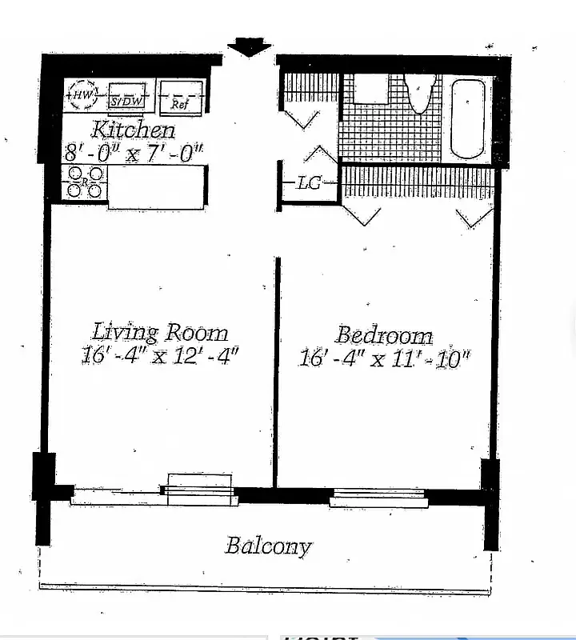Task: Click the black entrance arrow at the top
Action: pyautogui.click(x=249, y=47)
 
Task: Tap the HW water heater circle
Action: pyautogui.click(x=82, y=96)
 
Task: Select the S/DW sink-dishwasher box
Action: pyautogui.click(x=126, y=98)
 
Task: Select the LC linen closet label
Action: pyautogui.click(x=308, y=183)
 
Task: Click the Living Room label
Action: pyautogui.click(x=160, y=332)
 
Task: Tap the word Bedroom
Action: pyautogui.click(x=384, y=334)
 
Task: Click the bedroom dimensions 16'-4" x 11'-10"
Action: pyautogui.click(x=384, y=358)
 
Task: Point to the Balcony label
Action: pyautogui.click(x=268, y=546)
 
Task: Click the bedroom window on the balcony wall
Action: pyautogui.click(x=379, y=497)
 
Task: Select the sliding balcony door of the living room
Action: pyautogui.click(x=152, y=492)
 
